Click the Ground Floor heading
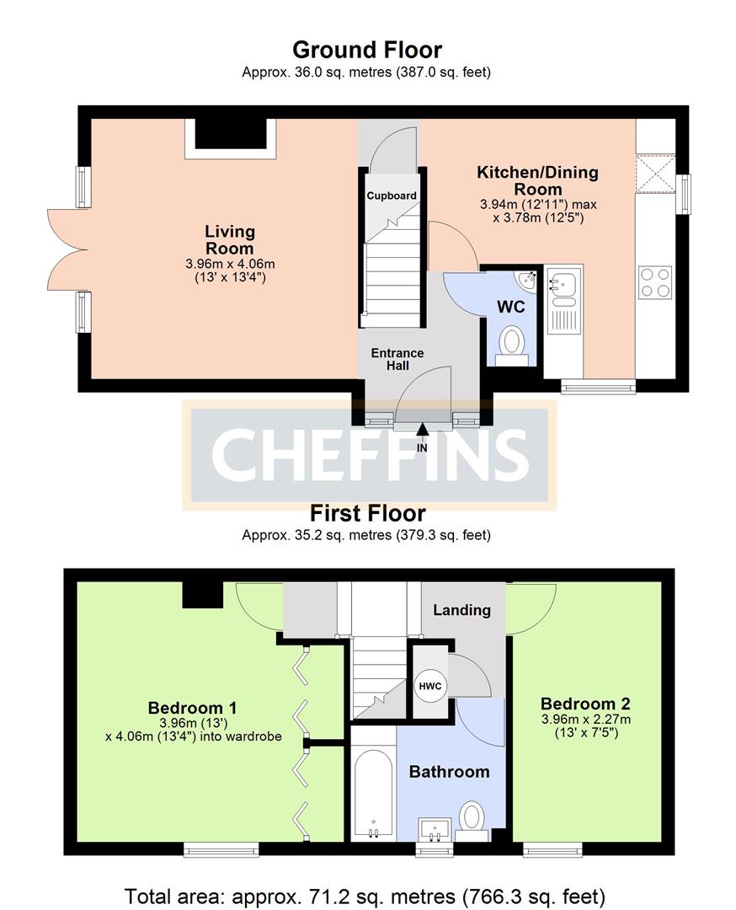pyautogui.click(x=367, y=50)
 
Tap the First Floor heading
pyautogui.click(x=368, y=513)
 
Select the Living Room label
pyautogui.click(x=230, y=239)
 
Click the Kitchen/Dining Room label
pyautogui.click(x=537, y=180)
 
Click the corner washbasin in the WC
pyautogui.click(x=528, y=279)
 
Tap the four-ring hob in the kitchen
pyautogui.click(x=655, y=282)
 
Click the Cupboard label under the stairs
pyautogui.click(x=392, y=195)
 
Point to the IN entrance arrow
pyautogui.click(x=422, y=430)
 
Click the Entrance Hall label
pyautogui.click(x=397, y=359)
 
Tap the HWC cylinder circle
pyautogui.click(x=430, y=686)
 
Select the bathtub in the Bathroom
pyautogui.click(x=374, y=794)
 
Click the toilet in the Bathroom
pyautogui.click(x=472, y=821)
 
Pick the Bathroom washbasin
pyautogui.click(x=435, y=829)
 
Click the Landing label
pyautogui.click(x=461, y=610)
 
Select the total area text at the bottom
pyautogui.click(x=365, y=896)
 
